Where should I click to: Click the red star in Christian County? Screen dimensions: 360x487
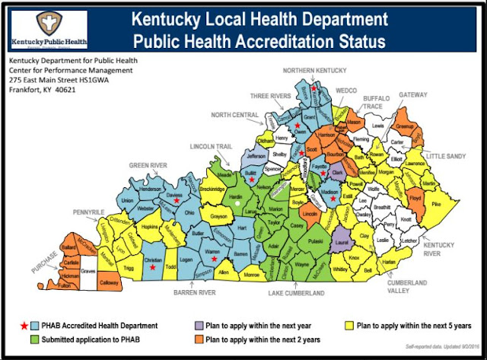pyautogui.click(x=153, y=268)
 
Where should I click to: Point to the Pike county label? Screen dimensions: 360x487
pyautogui.click(x=435, y=205)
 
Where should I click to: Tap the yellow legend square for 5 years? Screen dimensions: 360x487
pyautogui.click(x=349, y=326)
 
